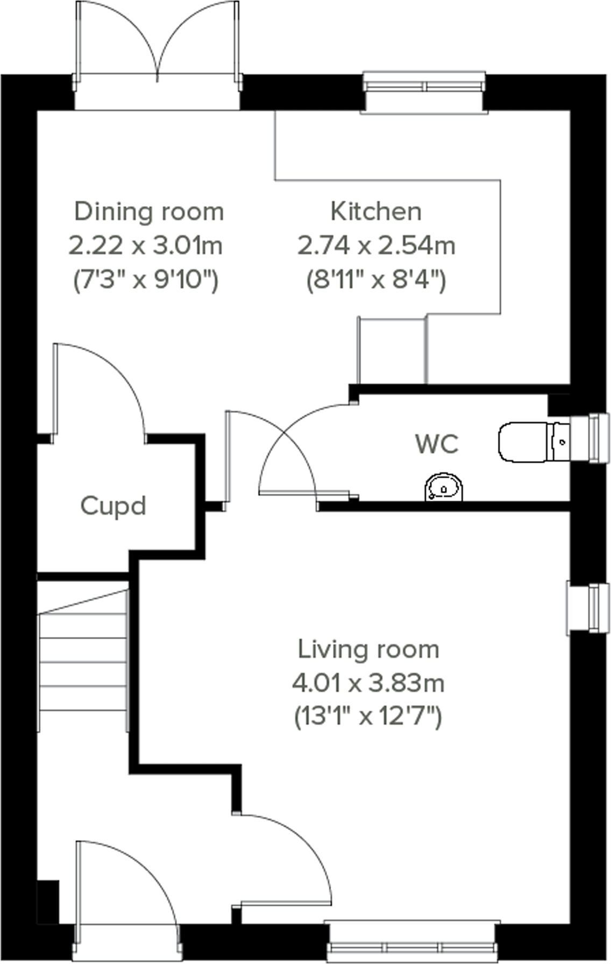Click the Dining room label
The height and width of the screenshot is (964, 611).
(149, 211)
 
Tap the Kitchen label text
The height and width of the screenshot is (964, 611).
(375, 211)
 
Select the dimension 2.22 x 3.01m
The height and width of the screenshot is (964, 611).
(145, 246)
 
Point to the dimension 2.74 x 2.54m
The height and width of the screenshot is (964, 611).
(376, 246)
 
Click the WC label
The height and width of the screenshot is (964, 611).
(437, 444)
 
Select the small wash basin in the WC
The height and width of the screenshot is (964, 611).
(444, 487)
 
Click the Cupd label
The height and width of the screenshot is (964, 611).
(113, 506)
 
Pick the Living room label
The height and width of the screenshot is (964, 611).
(368, 649)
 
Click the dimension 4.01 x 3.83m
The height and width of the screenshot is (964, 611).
(368, 684)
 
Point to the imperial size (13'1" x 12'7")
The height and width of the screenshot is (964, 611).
(368, 717)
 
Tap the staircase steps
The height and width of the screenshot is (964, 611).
(83, 662)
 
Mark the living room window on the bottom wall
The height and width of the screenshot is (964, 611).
(413, 947)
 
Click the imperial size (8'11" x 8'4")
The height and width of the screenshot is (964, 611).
(376, 280)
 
